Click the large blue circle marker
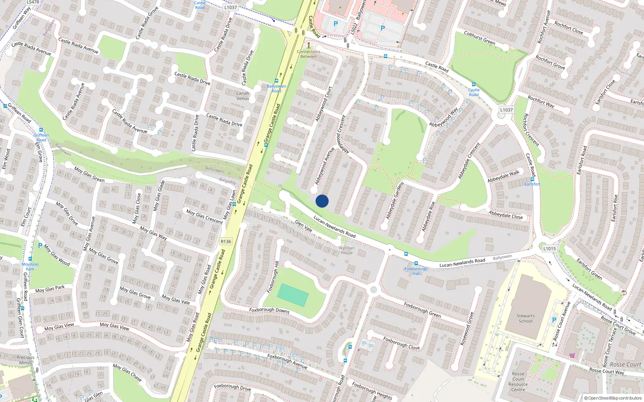(x=322, y=201)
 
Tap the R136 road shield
(x=226, y=241)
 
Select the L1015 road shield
(x=549, y=248)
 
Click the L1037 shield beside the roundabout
(x=506, y=110)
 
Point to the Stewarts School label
(x=526, y=318)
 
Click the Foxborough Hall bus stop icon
(x=416, y=263)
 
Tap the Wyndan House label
(x=347, y=250)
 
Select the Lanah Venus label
(x=243, y=96)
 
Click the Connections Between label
(x=309, y=54)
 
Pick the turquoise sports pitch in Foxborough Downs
(x=293, y=295)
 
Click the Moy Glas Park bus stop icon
(x=30, y=259)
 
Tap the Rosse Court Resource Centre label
(x=518, y=381)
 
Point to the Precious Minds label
(x=25, y=360)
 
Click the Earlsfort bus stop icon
(x=533, y=179)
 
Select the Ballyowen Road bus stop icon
(x=276, y=81)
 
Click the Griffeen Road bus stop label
(x=41, y=137)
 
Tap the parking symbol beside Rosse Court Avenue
(x=554, y=320)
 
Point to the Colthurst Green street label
(x=479, y=37)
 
